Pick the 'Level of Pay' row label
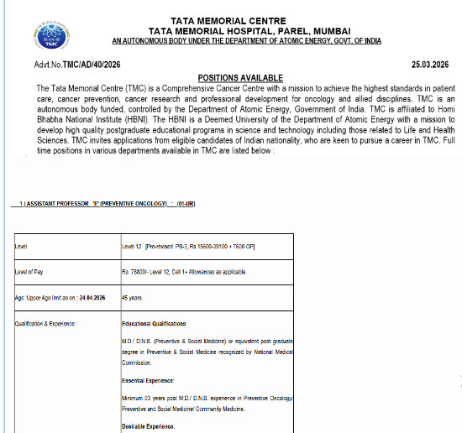click(29, 272)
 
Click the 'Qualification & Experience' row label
click(46, 323)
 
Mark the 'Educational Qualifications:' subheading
click(155, 323)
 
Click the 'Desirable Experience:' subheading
click(149, 427)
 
